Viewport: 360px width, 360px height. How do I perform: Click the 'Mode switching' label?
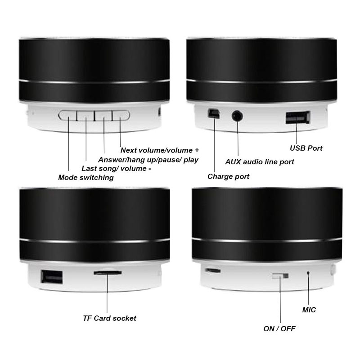coord(86,177)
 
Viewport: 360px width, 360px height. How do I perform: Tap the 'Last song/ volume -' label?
coord(116,168)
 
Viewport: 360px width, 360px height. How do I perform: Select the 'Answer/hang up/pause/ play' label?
coord(148,160)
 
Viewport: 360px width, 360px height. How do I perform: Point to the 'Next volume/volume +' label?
coord(160,150)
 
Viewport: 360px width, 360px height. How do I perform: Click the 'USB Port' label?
coord(306,148)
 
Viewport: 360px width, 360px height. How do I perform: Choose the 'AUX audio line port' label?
coord(260,162)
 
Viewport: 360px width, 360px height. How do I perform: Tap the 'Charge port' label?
coord(229,176)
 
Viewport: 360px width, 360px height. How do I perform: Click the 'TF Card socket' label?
coord(109,318)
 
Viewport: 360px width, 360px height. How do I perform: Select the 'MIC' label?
coord(309,310)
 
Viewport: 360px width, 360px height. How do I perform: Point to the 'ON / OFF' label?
coord(279,329)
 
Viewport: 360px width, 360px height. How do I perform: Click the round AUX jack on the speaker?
coord(237,116)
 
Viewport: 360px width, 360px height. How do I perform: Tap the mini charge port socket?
coord(214,113)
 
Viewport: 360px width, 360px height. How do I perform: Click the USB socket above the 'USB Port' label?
coord(298,117)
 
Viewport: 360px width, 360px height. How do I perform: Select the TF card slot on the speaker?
coord(108,273)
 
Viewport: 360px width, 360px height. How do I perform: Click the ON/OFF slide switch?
coord(280,276)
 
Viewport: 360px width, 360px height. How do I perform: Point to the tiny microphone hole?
coord(308,273)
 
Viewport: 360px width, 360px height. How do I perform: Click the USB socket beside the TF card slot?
coord(52,277)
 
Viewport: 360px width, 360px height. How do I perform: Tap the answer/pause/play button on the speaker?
coord(103,116)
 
